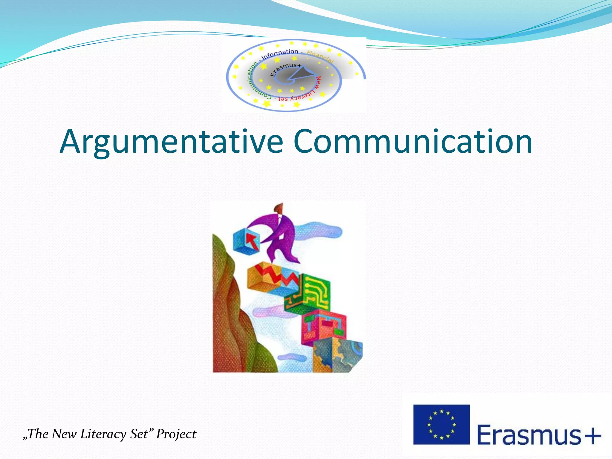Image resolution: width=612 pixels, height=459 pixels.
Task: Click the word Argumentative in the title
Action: click(171, 142)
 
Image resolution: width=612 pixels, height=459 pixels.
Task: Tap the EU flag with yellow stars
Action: click(441, 424)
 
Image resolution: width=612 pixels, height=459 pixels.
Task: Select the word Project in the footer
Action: click(176, 434)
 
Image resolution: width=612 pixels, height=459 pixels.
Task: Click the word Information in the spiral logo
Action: click(280, 54)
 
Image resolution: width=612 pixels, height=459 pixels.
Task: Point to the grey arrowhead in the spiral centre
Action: click(302, 73)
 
